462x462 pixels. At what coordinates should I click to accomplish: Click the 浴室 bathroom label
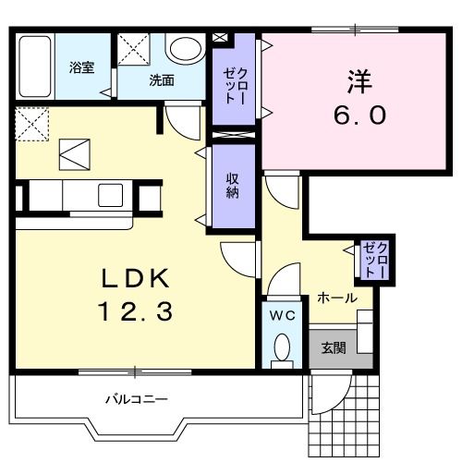[x=82, y=67]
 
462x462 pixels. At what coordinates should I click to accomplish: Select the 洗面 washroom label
[x=162, y=79]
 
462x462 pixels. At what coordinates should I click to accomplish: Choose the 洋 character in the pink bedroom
[x=359, y=80]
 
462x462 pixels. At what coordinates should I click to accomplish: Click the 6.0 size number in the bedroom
[x=359, y=116]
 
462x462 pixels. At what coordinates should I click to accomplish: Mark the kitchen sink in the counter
[x=111, y=195]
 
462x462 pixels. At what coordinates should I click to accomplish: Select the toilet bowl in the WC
[x=282, y=347]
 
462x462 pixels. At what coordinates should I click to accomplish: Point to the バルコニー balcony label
[x=135, y=399]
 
